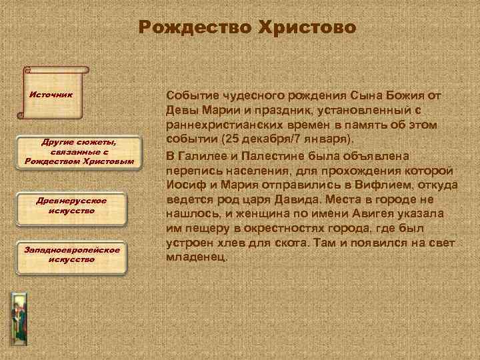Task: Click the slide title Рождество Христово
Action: (x=248, y=28)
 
